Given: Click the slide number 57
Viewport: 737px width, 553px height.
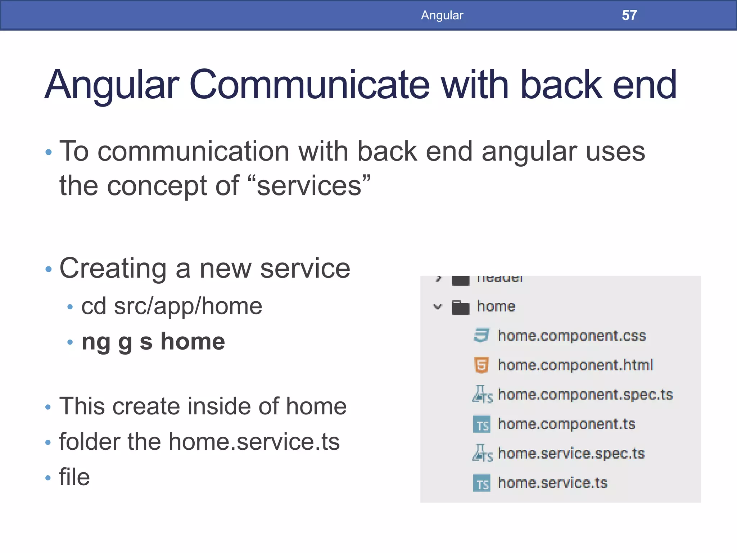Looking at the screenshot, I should (x=629, y=15).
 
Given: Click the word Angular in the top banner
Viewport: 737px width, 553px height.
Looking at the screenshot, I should (x=442, y=15).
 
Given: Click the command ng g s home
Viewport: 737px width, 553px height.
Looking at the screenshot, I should (x=153, y=342).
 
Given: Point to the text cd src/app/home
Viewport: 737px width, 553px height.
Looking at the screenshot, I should (x=172, y=306).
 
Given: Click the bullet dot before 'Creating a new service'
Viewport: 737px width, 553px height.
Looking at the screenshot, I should (x=49, y=269).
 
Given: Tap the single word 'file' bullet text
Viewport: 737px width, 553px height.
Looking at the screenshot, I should (x=74, y=477).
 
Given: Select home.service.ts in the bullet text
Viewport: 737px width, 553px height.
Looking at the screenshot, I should (x=254, y=442).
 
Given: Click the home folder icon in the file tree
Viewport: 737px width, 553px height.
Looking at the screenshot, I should (x=461, y=307).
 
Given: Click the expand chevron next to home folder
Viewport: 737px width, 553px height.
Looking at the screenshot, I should (x=437, y=307).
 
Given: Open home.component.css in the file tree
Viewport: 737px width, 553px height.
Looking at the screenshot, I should (x=571, y=336).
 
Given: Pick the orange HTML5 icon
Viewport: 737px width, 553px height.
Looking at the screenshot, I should (x=481, y=365).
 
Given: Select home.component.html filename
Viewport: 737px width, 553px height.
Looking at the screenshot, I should (x=575, y=365).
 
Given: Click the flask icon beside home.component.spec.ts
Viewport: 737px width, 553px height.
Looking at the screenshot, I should (x=481, y=395).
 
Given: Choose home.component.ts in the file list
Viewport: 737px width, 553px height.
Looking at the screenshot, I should (x=566, y=424).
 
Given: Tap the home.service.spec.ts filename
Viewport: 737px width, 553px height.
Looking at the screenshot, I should (x=571, y=454).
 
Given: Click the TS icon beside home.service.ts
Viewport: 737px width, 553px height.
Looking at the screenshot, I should (x=481, y=484).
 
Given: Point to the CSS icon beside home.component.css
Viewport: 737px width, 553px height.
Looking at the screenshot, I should (x=481, y=336).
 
